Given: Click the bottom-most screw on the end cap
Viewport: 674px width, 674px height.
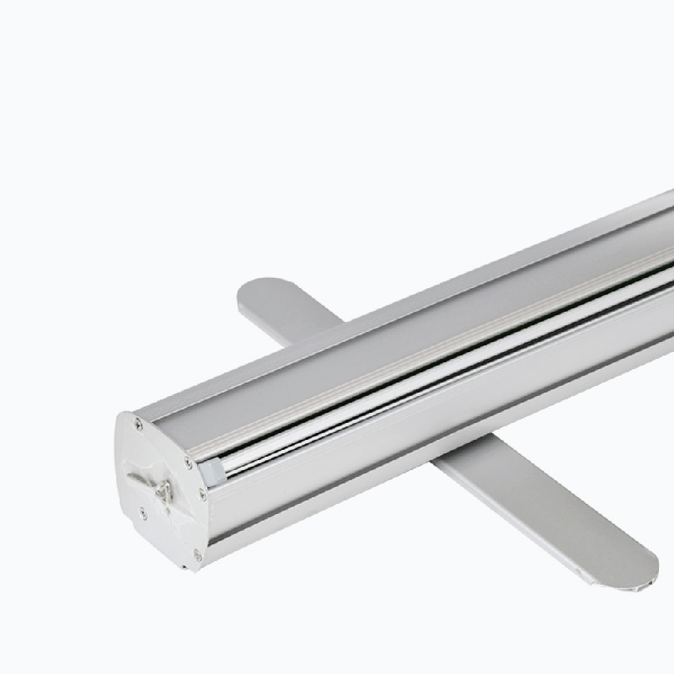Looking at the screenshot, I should point(196,554).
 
